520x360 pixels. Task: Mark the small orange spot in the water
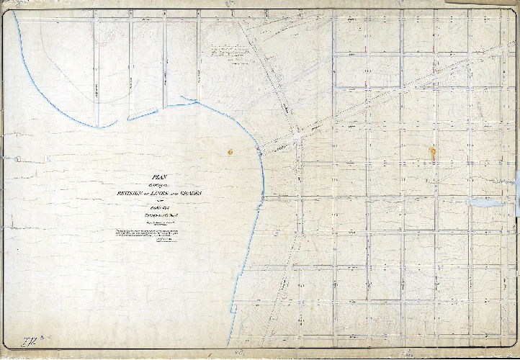point(230,152)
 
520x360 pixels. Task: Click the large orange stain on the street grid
point(432,153)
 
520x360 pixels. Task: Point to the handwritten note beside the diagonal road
point(229,53)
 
